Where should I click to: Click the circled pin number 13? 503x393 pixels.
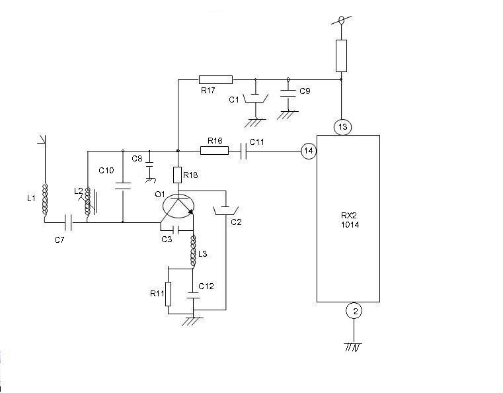pos(342,127)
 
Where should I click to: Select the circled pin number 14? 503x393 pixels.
pos(309,151)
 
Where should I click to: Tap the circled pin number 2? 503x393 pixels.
pos(354,311)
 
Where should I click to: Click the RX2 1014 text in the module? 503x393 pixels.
pos(350,220)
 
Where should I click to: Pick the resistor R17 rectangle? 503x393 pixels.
pos(215,79)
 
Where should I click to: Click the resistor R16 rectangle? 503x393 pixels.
pos(215,150)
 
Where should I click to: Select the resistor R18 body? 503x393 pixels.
pos(177,175)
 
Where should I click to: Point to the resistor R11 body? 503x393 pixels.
pos(168,294)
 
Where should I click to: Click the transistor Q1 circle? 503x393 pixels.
pos(178,206)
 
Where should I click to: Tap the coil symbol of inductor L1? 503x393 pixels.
pos(45,199)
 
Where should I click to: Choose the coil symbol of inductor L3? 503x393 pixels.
pos(193,251)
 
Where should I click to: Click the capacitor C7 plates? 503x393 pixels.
pos(68,222)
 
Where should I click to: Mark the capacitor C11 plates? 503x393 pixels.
pos(243,151)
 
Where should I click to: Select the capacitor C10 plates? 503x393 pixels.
pos(123,186)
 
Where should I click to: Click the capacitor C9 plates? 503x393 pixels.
pos(288,93)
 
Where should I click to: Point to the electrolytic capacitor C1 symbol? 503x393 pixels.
pos(255,98)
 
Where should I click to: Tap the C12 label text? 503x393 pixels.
pos(206,286)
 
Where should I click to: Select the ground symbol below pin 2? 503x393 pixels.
pos(353,347)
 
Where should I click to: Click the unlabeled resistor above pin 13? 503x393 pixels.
pos(341,56)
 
